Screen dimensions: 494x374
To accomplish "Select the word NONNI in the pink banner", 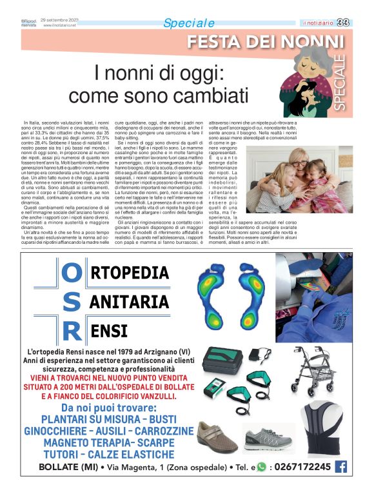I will (314, 43).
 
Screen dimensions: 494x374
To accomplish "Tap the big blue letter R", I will (72, 331).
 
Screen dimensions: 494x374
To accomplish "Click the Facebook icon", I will (341, 466).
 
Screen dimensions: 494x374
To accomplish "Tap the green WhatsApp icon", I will (261, 467).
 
